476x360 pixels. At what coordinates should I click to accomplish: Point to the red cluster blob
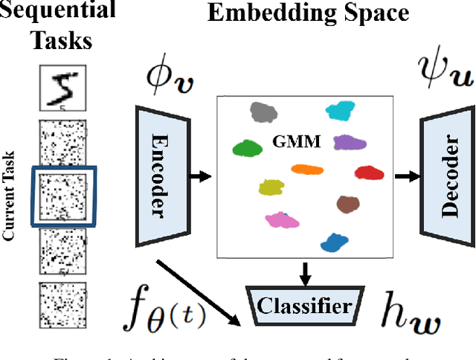(x=370, y=173)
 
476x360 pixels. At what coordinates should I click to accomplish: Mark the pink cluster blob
(x=280, y=219)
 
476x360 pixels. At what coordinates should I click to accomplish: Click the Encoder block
(x=158, y=176)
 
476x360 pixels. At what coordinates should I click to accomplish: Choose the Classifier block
(x=304, y=306)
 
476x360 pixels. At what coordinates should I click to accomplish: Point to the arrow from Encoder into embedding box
(x=199, y=176)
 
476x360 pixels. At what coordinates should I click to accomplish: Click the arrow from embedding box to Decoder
(x=407, y=176)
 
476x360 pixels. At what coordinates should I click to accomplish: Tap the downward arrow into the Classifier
(x=304, y=271)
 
